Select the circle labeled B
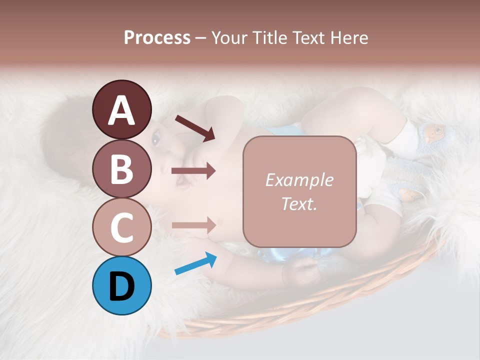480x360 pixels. point(121,168)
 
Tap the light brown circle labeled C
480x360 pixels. point(121,227)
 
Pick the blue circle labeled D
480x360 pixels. point(121,285)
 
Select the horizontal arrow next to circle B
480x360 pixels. point(193,171)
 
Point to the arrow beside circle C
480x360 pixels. point(193,224)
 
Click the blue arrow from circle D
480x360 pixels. point(195,264)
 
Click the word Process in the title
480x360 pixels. point(157,37)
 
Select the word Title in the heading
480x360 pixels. point(268,37)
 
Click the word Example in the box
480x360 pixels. point(299,180)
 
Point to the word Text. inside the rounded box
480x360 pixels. point(299,203)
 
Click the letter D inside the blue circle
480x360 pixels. point(121,286)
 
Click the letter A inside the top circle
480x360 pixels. point(121,110)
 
